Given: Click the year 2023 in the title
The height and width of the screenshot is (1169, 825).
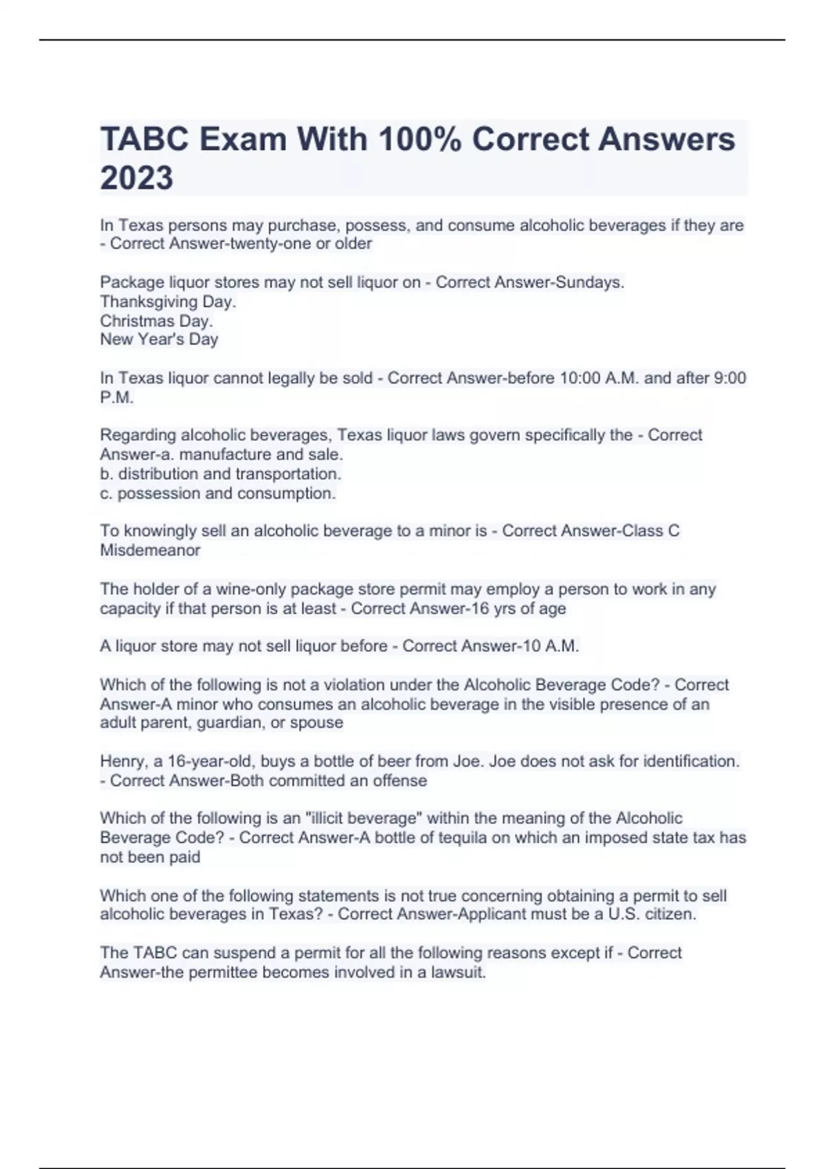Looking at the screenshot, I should coord(136,177).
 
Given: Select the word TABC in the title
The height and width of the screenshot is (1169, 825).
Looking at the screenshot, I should coord(144,139).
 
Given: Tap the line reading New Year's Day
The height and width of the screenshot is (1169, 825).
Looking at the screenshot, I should coord(159,339).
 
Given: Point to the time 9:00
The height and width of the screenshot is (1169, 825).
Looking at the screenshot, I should coord(728,378).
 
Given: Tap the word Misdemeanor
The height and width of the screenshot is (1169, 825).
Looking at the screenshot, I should coord(150,550).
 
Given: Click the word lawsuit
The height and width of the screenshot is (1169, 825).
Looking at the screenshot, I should coord(458,972).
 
